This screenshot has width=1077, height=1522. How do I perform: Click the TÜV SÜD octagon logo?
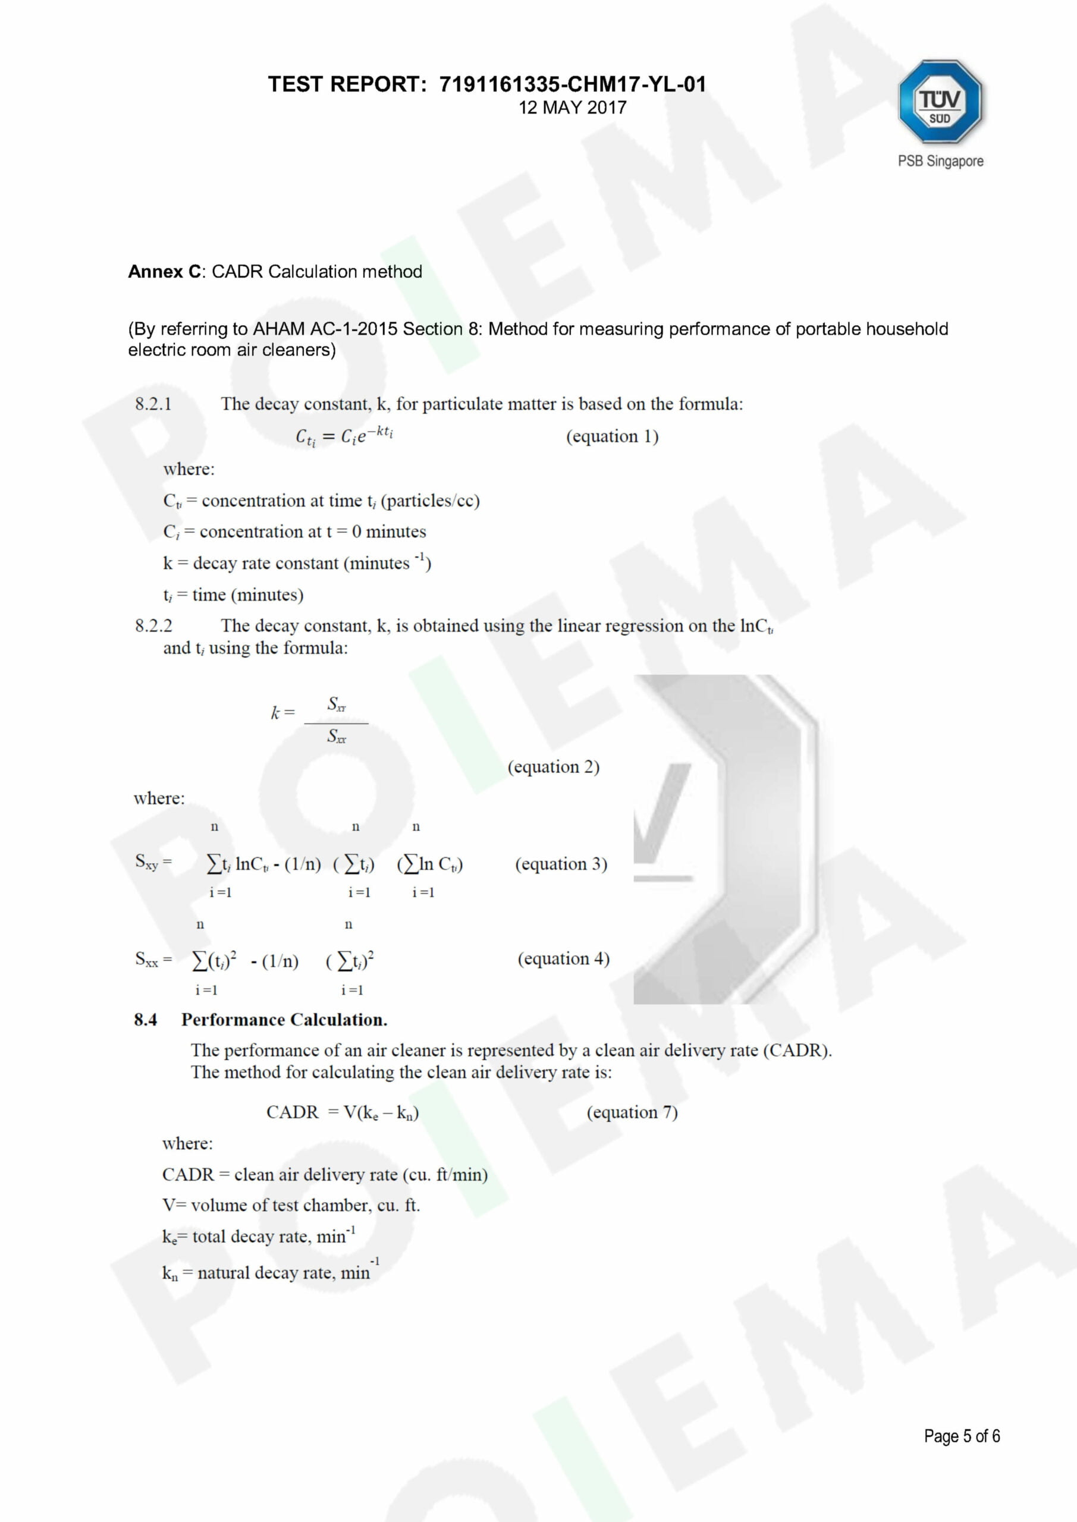point(940,102)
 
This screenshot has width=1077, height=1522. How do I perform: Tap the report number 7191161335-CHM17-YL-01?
point(572,84)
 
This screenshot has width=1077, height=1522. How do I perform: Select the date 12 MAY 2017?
point(572,108)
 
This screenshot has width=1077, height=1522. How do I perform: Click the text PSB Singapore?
point(940,161)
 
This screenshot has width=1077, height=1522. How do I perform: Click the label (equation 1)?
point(612,436)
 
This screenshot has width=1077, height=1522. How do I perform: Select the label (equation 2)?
point(554,767)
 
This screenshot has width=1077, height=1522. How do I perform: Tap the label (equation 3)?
point(561,864)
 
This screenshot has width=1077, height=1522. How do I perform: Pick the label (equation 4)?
point(564,958)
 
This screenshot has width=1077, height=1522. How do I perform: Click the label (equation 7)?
point(632,1112)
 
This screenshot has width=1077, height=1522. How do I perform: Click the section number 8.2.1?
point(153,404)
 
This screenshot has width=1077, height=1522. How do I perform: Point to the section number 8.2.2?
point(153,626)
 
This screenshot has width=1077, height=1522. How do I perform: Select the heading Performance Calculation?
point(284,1020)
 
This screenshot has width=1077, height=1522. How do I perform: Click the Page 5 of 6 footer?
point(962,1436)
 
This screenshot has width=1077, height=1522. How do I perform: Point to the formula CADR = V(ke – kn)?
point(342,1112)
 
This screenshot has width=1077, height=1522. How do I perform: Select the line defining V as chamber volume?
point(291,1205)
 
